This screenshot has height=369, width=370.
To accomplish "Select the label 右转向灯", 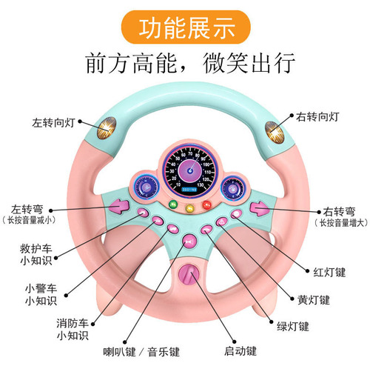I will (x=317, y=117).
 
